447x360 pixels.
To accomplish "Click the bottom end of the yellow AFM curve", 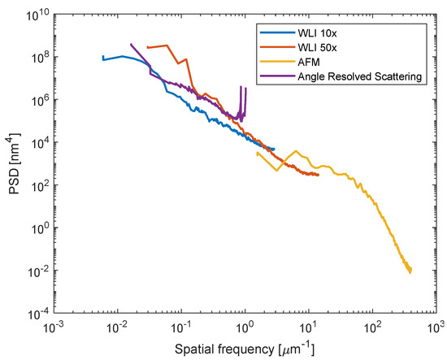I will click(410, 272).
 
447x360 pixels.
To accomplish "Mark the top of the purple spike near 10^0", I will click(241, 86).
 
